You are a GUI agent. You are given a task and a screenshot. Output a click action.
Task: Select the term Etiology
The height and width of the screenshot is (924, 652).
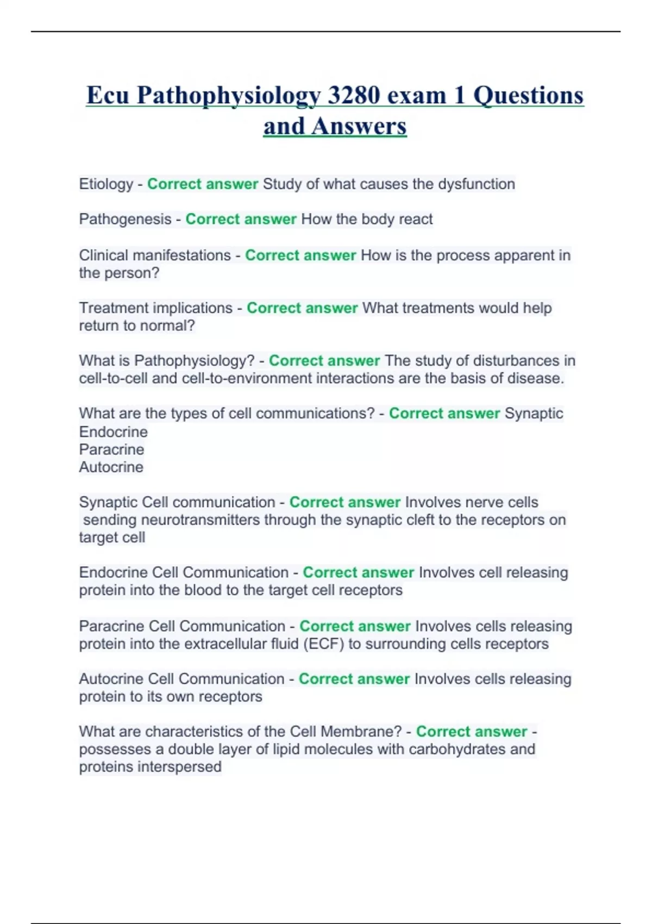[x=106, y=184]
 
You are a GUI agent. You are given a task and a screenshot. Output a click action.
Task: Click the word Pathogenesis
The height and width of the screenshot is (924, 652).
[x=125, y=219]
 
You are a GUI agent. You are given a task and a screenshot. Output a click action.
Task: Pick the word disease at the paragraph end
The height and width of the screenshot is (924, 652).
[x=535, y=378]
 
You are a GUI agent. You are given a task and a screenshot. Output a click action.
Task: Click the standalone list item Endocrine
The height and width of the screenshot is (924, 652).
[x=113, y=432]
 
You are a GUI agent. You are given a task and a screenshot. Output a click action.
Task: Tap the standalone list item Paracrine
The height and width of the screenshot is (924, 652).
[x=111, y=449]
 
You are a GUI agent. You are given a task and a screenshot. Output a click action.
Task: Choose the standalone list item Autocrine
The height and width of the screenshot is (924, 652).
[x=111, y=467]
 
